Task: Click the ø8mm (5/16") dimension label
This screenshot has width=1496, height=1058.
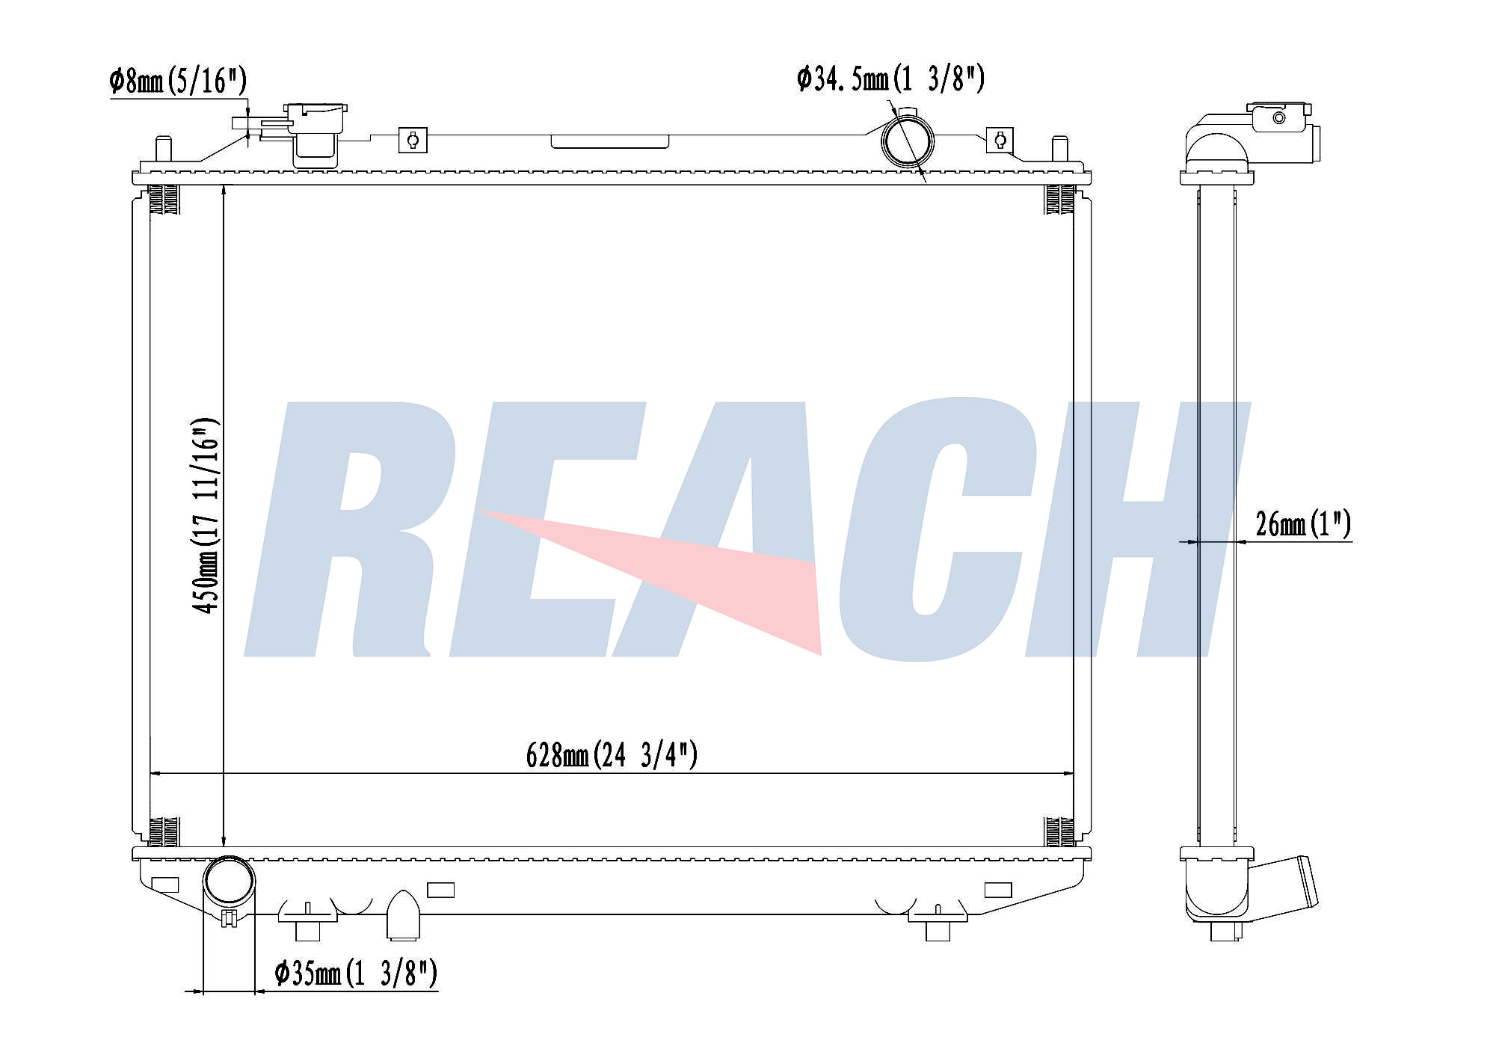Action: (x=178, y=81)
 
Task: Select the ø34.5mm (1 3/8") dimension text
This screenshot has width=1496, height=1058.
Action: (x=890, y=79)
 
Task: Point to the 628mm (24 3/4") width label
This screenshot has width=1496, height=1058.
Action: (x=612, y=754)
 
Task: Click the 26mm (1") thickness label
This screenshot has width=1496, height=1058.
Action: (x=1303, y=523)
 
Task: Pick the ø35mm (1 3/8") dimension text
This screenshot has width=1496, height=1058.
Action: (x=356, y=973)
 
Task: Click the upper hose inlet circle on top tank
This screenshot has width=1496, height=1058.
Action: (x=908, y=140)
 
